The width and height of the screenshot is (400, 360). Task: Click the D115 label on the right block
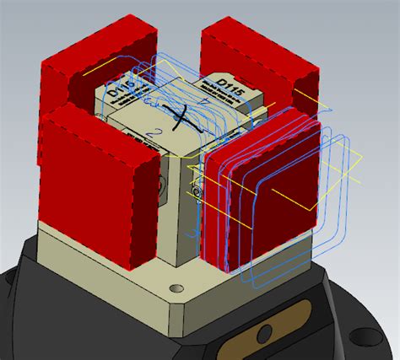pyautogui.click(x=229, y=87)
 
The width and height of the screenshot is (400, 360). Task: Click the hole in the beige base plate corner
pyautogui.click(x=176, y=289)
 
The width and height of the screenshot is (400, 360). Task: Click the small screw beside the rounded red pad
pyautogui.click(x=196, y=193)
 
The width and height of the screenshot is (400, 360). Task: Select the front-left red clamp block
pyautogui.click(x=97, y=202)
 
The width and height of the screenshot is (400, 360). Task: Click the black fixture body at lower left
pyautogui.click(x=25, y=320)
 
